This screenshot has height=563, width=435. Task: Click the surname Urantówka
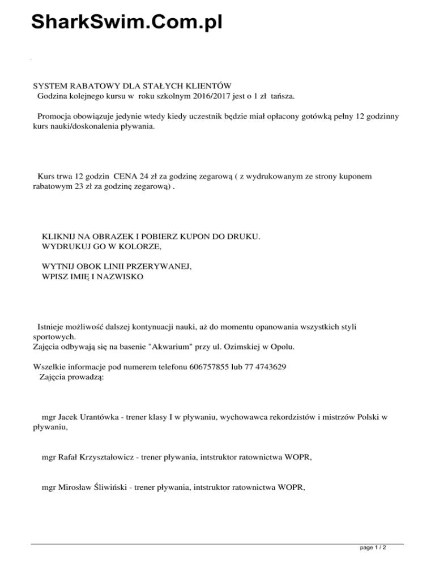pyautogui.click(x=98, y=417)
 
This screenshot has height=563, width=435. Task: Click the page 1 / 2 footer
pyautogui.click(x=373, y=549)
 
